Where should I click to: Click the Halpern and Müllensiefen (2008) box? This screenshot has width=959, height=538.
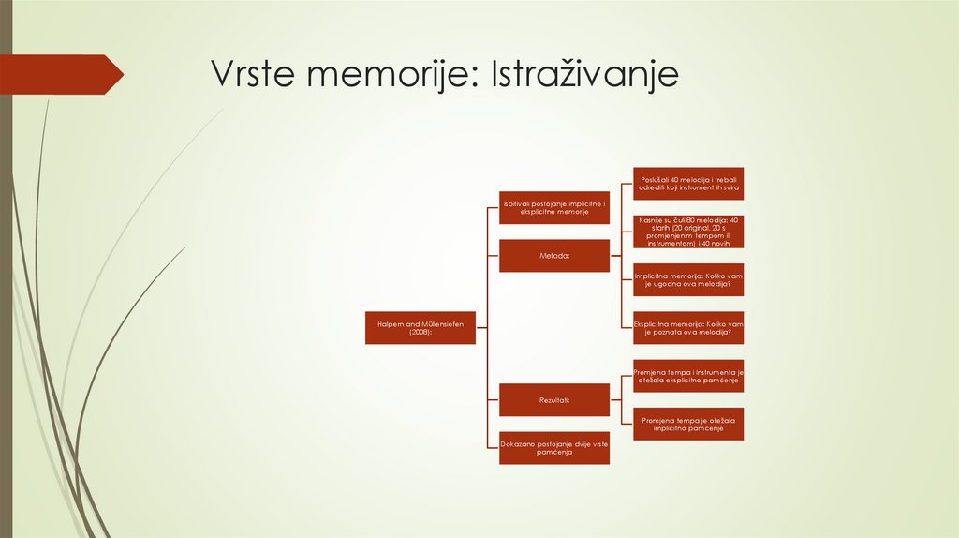[x=420, y=328]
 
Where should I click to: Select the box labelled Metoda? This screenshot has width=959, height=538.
[x=554, y=255]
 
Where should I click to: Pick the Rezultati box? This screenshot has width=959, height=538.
[x=554, y=400]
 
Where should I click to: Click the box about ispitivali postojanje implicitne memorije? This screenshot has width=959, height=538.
[x=554, y=208]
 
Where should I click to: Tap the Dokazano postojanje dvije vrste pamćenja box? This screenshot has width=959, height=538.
[x=554, y=448]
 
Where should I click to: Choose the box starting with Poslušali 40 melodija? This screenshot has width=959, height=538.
[x=688, y=184]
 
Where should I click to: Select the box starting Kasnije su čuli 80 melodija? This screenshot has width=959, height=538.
[x=688, y=231]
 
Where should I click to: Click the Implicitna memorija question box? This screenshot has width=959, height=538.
[x=688, y=279]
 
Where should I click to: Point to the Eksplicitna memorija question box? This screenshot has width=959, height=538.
[x=688, y=328]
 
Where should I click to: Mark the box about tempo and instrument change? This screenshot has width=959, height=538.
[x=688, y=376]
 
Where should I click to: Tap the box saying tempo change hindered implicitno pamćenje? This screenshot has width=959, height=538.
[x=688, y=424]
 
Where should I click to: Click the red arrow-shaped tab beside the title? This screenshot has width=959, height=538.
[x=61, y=74]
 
